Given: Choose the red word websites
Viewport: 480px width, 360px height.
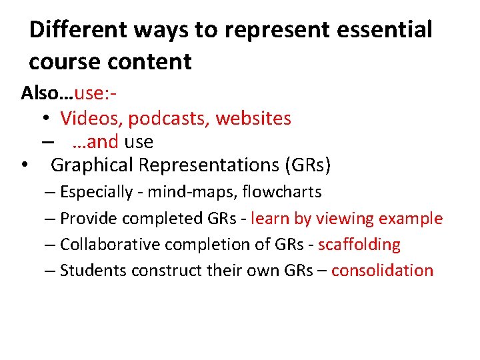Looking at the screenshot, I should (x=254, y=119).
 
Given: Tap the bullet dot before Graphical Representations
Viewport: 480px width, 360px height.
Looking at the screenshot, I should (x=25, y=164).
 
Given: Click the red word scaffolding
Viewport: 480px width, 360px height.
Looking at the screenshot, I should (x=359, y=245).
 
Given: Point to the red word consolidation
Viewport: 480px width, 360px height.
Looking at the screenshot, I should (x=383, y=271).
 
